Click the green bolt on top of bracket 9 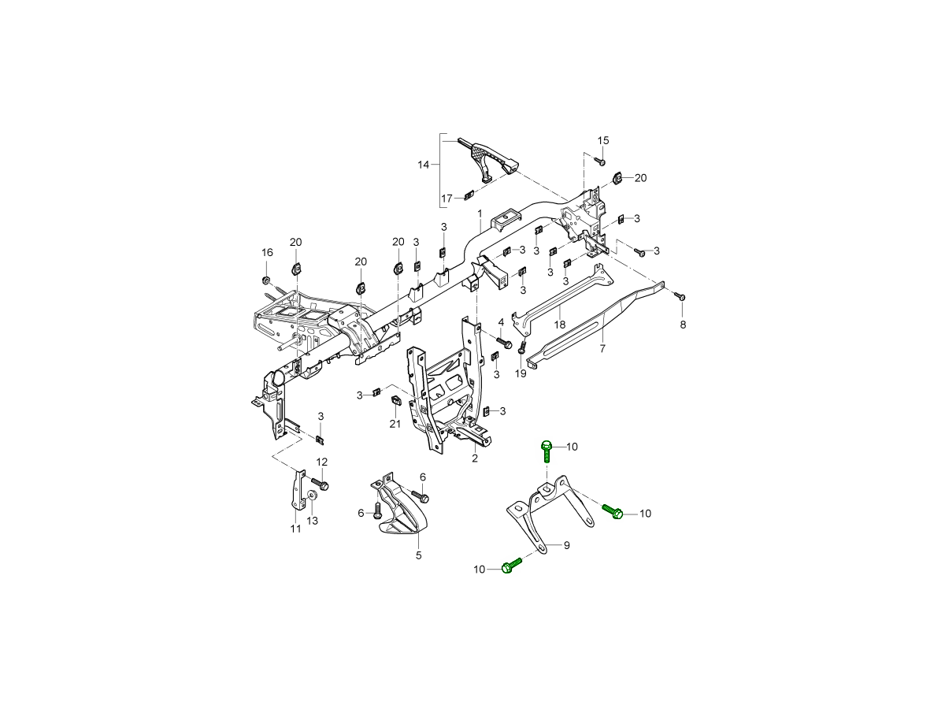pos(547,451)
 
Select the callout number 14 pos(424,165)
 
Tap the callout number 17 pos(447,199)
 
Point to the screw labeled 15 pos(599,161)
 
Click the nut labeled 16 pos(266,280)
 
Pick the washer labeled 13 pos(313,496)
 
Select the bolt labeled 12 pos(320,481)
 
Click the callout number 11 pos(295,529)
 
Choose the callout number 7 pos(602,347)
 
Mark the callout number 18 pos(560,325)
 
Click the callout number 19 pos(520,373)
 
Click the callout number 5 pos(419,555)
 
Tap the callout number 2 pos(474,458)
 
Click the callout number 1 pos(479,213)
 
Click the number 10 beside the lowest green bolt pos(480,569)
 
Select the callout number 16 pos(267,252)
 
